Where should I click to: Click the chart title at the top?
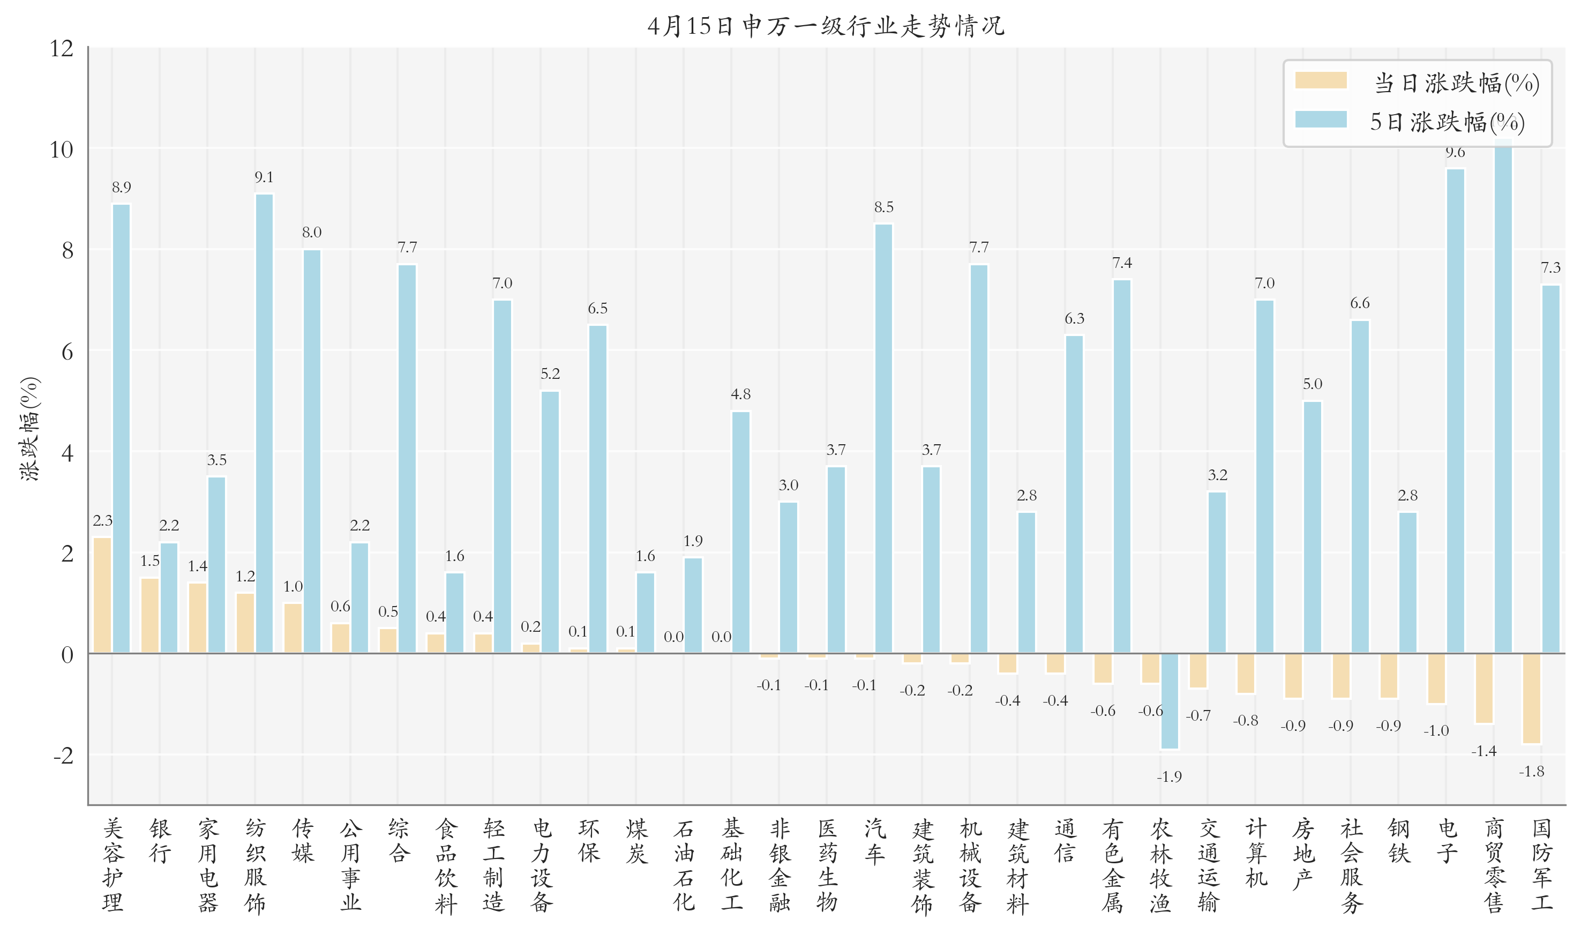pyautogui.click(x=826, y=26)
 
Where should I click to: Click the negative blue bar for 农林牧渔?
pyautogui.click(x=1170, y=701)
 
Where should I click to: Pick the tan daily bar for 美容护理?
pyautogui.click(x=102, y=595)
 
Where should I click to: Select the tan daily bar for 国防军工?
pyautogui.click(x=1531, y=699)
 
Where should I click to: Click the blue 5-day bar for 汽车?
pyautogui.click(x=883, y=438)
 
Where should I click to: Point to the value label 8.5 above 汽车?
pyautogui.click(x=883, y=207)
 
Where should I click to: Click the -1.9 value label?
pyautogui.click(x=1169, y=776)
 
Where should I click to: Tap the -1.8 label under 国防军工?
pyautogui.click(x=1531, y=772)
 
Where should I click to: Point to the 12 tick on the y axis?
pyautogui.click(x=62, y=48)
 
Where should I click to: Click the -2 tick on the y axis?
pyautogui.click(x=63, y=755)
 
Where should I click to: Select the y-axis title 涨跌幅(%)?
pyautogui.click(x=29, y=429)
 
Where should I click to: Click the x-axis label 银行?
pyautogui.click(x=160, y=841)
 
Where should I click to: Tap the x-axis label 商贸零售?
pyautogui.click(x=1494, y=865)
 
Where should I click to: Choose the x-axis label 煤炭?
pyautogui.click(x=636, y=841)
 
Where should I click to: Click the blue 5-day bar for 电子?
pyautogui.click(x=1455, y=410)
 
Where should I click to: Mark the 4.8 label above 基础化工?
pyautogui.click(x=740, y=394)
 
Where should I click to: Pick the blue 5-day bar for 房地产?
pyautogui.click(x=1313, y=527)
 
